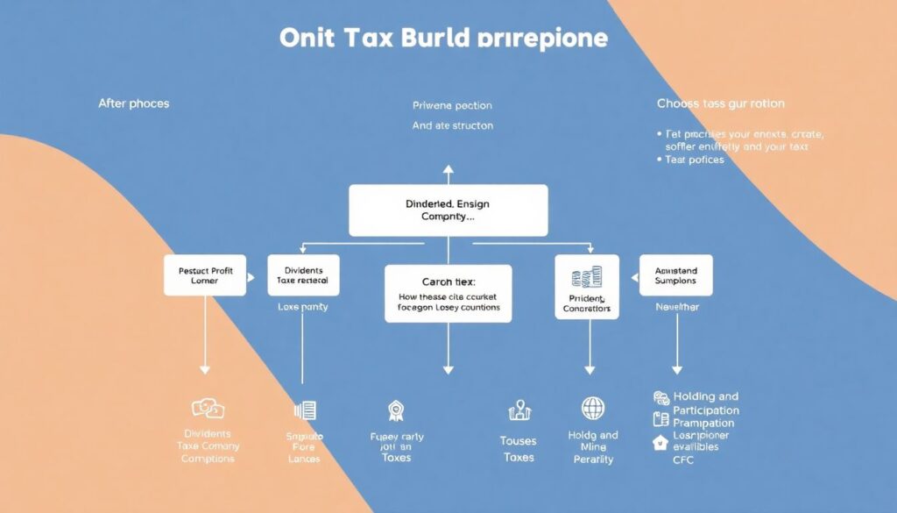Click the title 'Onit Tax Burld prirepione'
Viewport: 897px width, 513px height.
[x=442, y=39]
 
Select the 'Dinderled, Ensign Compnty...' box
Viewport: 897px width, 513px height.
[x=448, y=210]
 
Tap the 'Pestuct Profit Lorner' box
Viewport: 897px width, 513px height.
[x=205, y=275]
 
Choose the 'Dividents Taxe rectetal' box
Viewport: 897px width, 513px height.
[x=303, y=275]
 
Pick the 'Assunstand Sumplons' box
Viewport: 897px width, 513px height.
[x=675, y=275]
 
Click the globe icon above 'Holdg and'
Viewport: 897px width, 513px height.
[x=593, y=408]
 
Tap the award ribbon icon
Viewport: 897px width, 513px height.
[x=395, y=410]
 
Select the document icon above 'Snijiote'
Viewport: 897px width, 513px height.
[x=305, y=410]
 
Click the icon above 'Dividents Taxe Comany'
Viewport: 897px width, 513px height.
[x=208, y=408]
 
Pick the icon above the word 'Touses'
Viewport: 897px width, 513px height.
[x=519, y=410]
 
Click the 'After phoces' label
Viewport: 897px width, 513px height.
[x=134, y=103]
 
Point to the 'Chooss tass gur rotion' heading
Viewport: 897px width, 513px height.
[x=721, y=103]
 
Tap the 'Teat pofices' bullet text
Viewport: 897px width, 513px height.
[x=695, y=160]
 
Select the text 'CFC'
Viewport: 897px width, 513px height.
[x=684, y=460]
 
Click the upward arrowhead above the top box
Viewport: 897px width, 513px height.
[x=448, y=168]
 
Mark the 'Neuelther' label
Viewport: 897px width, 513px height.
[x=677, y=308]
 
